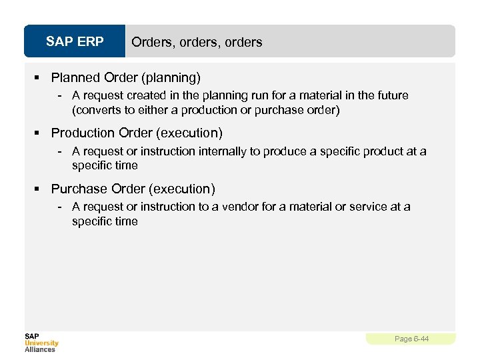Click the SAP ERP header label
click(75, 42)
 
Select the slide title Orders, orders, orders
click(197, 42)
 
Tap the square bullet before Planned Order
click(40, 77)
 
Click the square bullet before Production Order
click(40, 133)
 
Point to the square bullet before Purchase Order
click(40, 189)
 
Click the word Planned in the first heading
click(73, 77)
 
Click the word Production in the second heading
click(82, 133)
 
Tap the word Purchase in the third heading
click(77, 189)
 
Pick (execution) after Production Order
click(189, 133)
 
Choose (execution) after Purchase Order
click(182, 189)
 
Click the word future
click(391, 95)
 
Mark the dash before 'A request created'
click(60, 95)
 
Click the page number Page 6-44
click(411, 339)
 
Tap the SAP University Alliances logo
click(41, 343)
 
